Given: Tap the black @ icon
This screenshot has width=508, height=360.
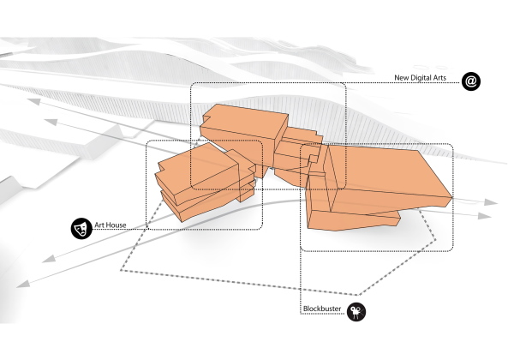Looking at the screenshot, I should (x=471, y=81).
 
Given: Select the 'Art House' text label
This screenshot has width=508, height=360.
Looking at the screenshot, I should (x=111, y=225).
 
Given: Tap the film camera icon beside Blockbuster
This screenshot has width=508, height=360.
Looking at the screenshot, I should (x=356, y=310).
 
